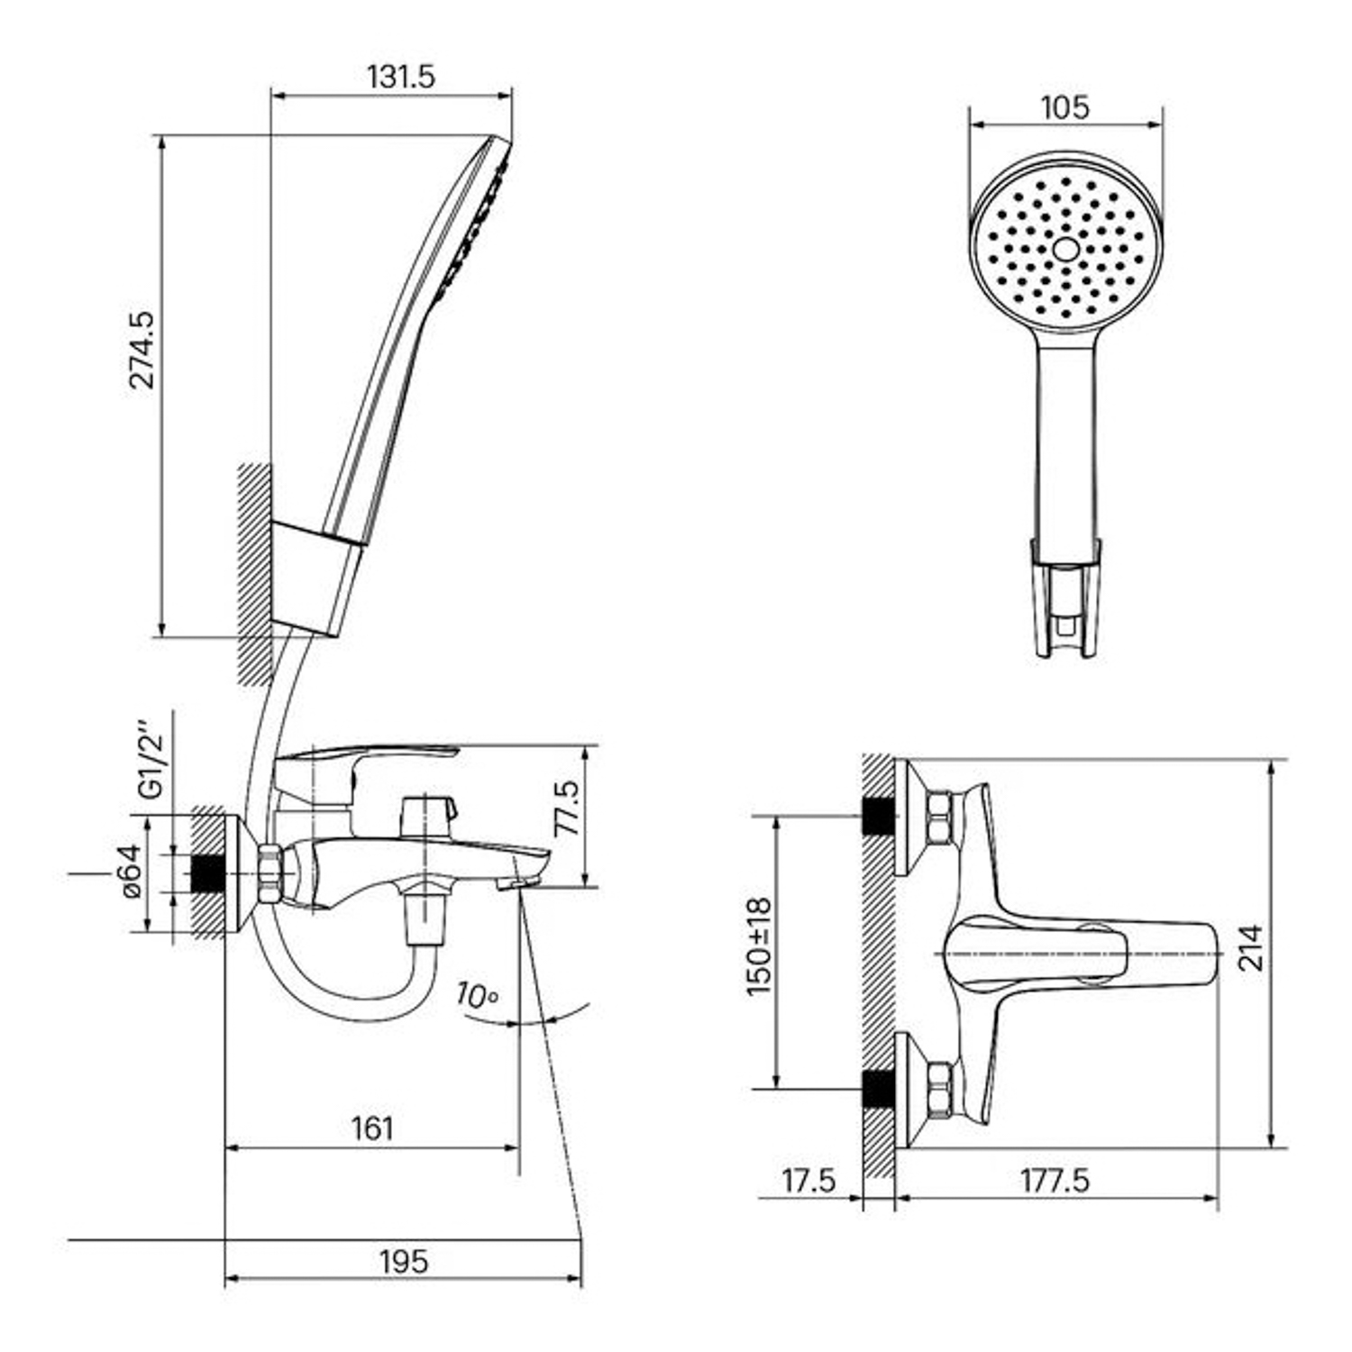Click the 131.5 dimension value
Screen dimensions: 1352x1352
click(400, 78)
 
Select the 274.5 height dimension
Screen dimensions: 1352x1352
click(142, 350)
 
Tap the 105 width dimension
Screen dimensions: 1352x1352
click(1064, 107)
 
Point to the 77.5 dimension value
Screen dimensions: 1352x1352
click(568, 808)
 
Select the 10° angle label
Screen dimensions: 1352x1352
click(477, 995)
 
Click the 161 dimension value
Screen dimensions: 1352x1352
click(372, 1128)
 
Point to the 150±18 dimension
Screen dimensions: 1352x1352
click(759, 946)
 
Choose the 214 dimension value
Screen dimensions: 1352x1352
click(1250, 947)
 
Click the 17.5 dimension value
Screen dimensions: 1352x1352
click(808, 1180)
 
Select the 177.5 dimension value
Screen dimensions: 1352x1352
click(1055, 1180)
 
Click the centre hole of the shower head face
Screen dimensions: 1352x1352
click(1066, 250)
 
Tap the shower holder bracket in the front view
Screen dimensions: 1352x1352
click(1066, 599)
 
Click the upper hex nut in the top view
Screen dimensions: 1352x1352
click(939, 818)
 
